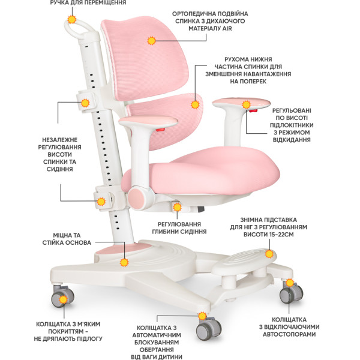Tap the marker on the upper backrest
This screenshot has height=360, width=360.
[x=151, y=41]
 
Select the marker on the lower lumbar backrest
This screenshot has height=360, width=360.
[x=195, y=104]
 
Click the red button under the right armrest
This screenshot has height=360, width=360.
[x=253, y=111]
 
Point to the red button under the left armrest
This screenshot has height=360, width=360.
[x=160, y=130]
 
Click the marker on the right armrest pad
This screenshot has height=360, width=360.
[x=246, y=104]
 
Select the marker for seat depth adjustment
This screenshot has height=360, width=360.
[x=177, y=208]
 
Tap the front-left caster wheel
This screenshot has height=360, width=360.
[x=62, y=297]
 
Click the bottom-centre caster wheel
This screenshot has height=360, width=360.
[x=208, y=328]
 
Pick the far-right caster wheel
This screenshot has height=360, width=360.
[x=291, y=293]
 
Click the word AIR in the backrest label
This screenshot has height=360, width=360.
[x=227, y=28]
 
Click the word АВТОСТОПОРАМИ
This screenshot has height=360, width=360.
[x=289, y=334]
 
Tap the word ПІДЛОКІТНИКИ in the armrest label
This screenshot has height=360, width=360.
[x=292, y=125]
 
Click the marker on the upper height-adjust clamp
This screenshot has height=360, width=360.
[x=85, y=103]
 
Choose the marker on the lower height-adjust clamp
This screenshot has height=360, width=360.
[x=101, y=202]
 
